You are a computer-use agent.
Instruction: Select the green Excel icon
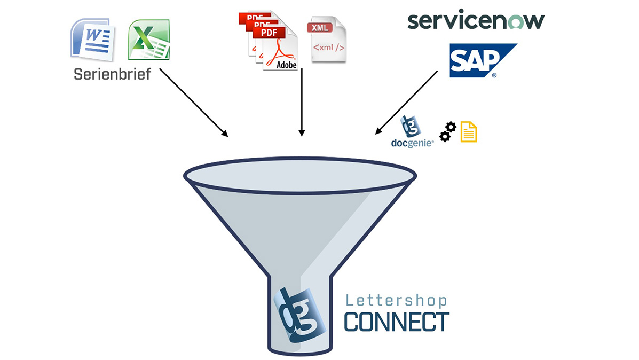148,40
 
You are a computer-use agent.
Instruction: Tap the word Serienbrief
112,74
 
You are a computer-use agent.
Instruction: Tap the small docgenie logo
412,132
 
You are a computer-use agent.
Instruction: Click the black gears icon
447,131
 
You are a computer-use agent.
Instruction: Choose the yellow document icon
469,131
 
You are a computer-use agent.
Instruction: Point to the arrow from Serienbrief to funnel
194,102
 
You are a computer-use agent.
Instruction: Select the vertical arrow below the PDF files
302,101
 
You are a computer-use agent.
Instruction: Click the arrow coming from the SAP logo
407,102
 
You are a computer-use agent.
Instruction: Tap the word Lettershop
396,301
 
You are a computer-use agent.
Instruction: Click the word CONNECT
396,322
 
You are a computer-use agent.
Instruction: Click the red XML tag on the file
320,27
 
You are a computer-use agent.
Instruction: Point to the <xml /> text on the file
328,48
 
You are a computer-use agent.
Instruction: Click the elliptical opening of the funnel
299,175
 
